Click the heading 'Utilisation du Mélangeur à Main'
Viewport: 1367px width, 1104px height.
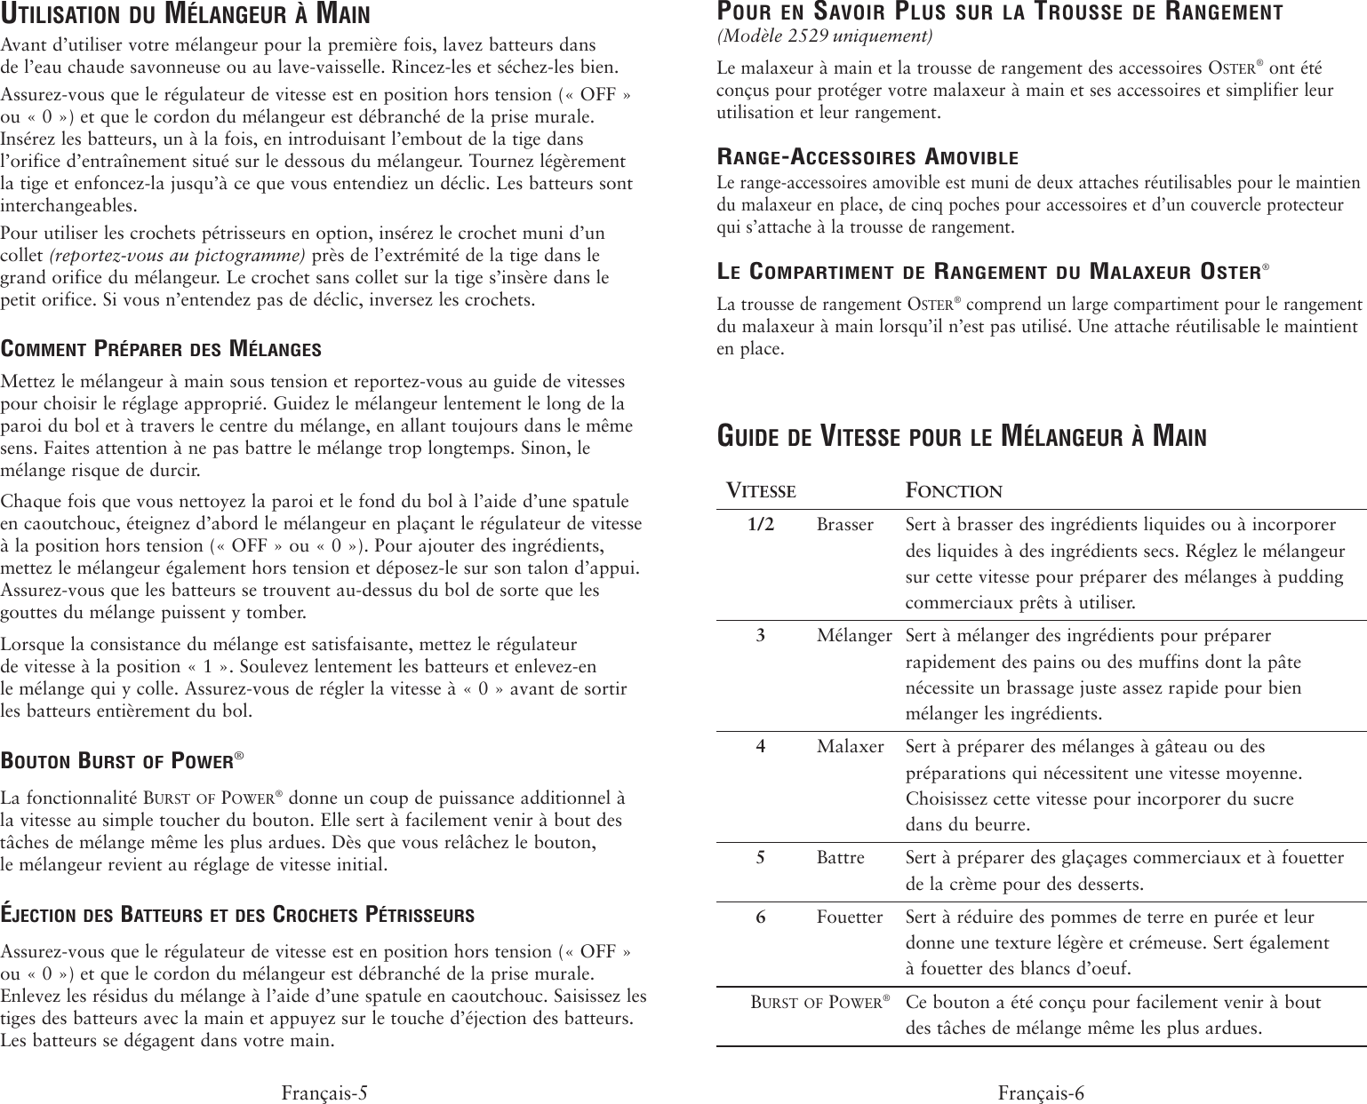click(x=186, y=15)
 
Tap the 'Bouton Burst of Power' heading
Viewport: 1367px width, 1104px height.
click(x=123, y=760)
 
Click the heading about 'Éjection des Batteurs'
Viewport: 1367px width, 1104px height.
click(x=237, y=915)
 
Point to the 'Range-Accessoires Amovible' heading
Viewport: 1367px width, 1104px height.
click(x=867, y=158)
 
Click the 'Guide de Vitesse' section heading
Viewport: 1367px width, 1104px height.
click(x=962, y=437)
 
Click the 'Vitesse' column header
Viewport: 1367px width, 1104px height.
click(x=762, y=490)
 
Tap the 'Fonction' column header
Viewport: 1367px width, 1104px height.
click(x=954, y=490)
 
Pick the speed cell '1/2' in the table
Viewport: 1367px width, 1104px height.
click(x=761, y=525)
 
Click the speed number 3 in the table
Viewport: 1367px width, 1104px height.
click(x=761, y=636)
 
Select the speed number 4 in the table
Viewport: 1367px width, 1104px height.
click(x=761, y=747)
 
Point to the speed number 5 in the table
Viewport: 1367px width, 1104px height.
click(x=761, y=858)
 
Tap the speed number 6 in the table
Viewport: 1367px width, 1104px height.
click(x=761, y=917)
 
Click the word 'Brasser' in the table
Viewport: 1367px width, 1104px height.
click(x=845, y=525)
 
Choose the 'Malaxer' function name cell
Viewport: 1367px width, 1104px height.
click(x=851, y=747)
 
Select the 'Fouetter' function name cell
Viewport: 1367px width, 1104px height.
click(x=850, y=917)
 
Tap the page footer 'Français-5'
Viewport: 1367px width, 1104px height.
click(x=324, y=1092)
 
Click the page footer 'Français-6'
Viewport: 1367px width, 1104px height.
click(x=1041, y=1092)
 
